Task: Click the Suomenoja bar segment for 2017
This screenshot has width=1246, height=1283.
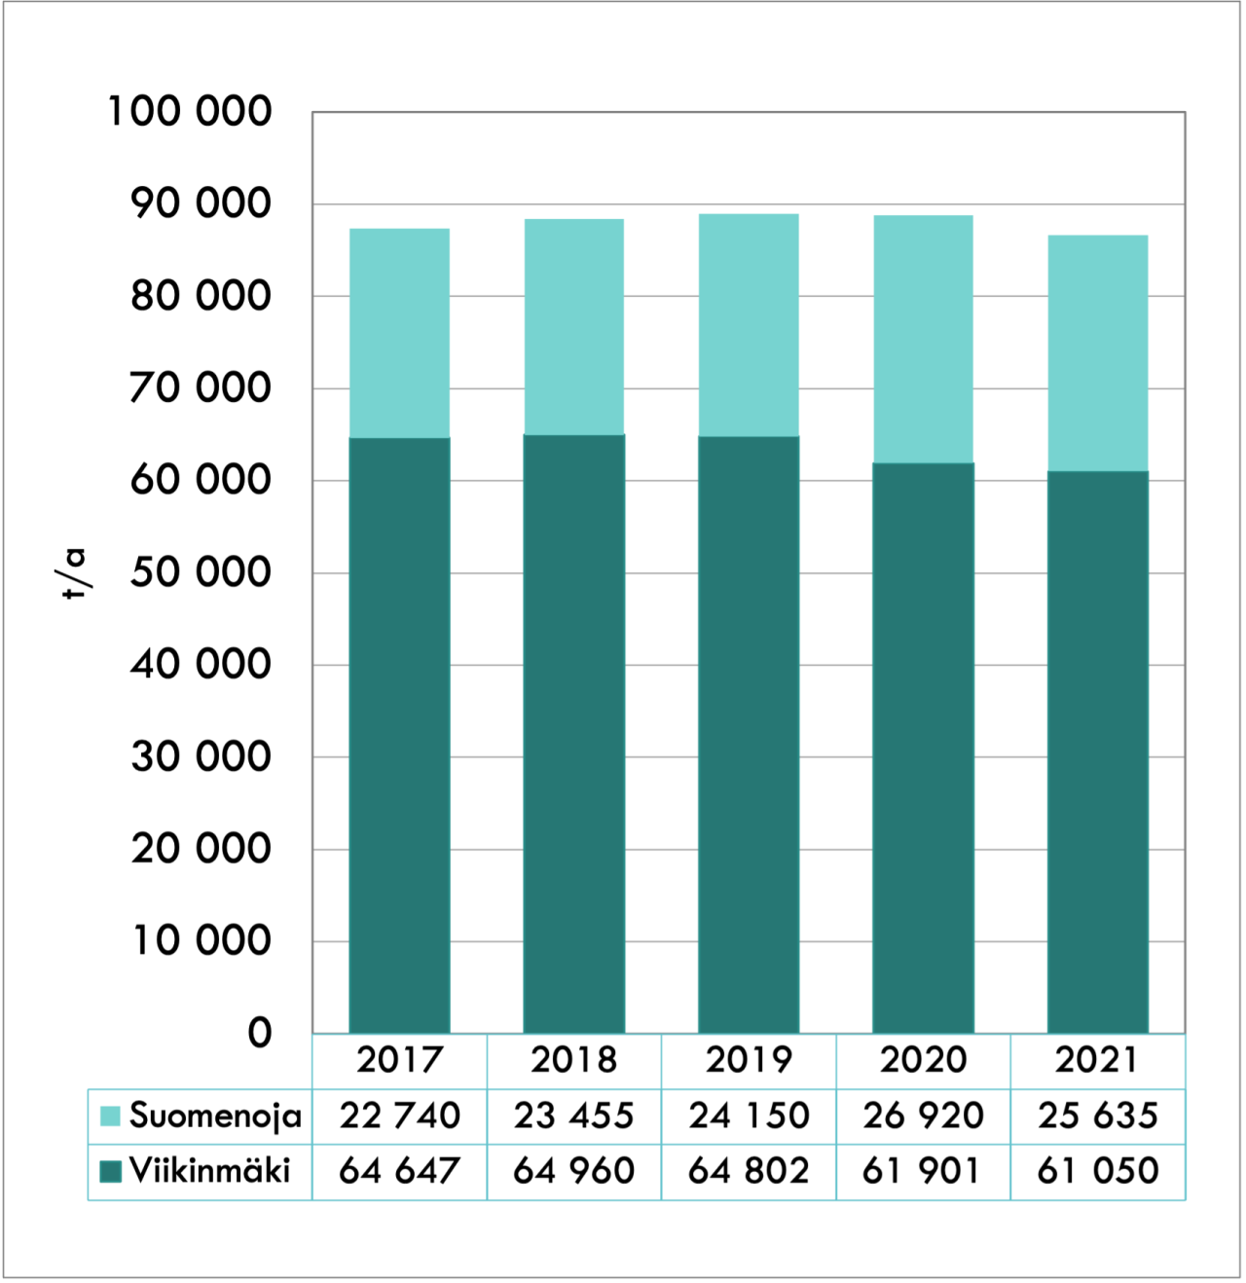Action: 399,333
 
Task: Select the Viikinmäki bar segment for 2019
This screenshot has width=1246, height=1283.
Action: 749,734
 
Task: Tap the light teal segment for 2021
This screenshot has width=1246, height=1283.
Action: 1097,353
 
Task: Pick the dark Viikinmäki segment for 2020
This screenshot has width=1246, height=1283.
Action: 923,748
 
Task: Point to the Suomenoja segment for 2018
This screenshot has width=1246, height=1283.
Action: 573,326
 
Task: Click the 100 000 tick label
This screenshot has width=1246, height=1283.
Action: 190,111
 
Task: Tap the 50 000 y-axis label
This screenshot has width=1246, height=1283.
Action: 201,572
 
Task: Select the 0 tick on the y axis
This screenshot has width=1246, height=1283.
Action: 259,1033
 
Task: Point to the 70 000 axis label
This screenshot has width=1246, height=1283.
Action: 201,387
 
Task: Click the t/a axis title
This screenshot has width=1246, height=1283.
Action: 75,573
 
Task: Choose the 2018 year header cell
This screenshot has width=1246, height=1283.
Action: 573,1060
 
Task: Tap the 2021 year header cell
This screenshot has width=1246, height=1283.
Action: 1097,1060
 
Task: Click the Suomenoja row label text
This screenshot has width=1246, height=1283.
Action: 215,1116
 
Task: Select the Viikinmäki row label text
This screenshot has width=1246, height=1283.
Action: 209,1171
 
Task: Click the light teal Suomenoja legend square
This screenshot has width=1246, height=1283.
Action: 110,1116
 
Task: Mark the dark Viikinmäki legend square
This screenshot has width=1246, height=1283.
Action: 110,1171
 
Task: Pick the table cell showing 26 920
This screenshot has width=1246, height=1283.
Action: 923,1116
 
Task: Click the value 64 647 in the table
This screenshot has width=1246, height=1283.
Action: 399,1171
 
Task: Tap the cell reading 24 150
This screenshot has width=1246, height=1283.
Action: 749,1116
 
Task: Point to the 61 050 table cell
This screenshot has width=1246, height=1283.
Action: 1097,1171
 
